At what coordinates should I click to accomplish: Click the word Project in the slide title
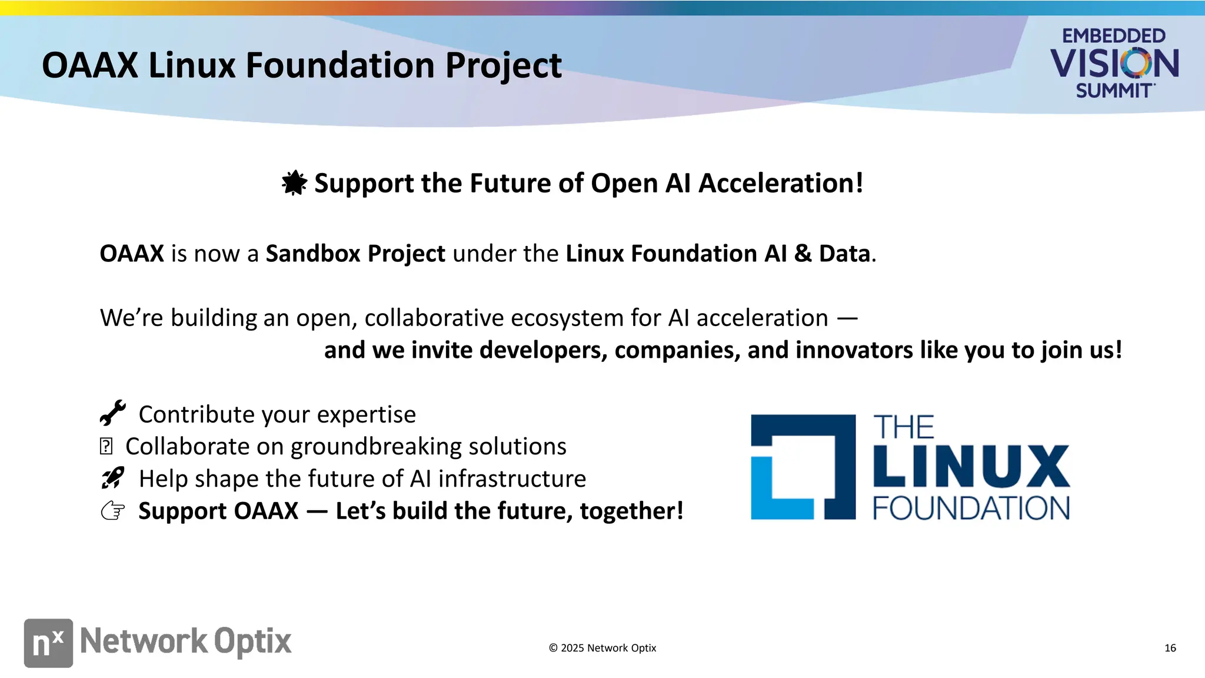point(503,65)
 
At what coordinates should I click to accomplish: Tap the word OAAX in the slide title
point(90,65)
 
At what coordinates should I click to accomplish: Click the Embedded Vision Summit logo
point(1114,63)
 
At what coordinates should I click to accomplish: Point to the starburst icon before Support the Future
point(294,182)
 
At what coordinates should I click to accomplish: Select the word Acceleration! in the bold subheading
point(781,183)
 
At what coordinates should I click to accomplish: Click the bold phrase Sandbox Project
point(355,254)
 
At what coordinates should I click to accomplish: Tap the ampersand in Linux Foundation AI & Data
point(803,254)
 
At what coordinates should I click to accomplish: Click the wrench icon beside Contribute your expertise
point(112,413)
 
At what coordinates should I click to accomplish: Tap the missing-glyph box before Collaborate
point(106,446)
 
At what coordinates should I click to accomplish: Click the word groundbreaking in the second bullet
point(376,447)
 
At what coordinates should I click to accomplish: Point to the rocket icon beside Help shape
point(112,478)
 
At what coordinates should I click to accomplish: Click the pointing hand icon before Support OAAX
point(112,511)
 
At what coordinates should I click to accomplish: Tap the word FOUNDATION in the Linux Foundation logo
point(971,508)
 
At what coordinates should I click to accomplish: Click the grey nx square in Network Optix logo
point(48,643)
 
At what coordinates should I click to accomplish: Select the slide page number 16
point(1170,648)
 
